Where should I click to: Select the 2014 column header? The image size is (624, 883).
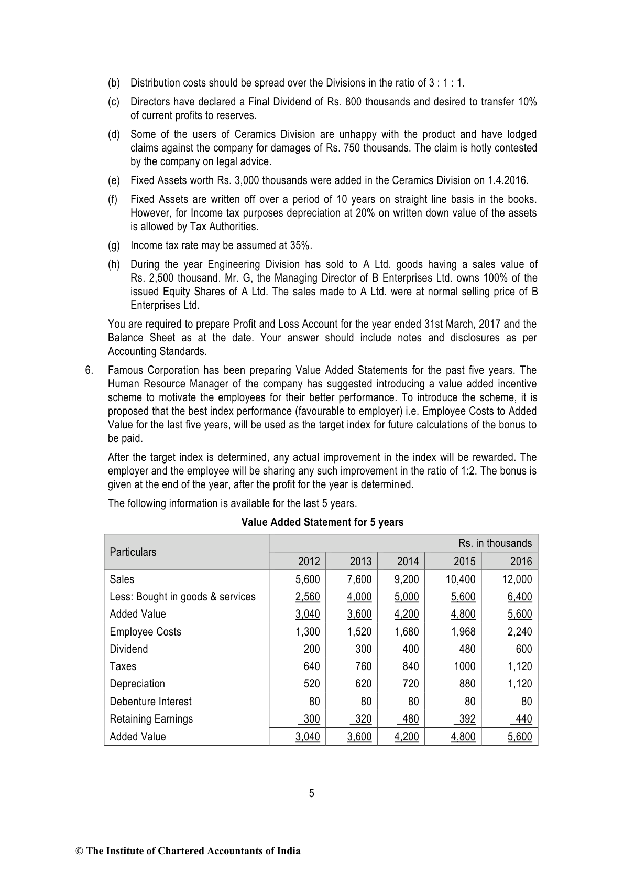(x=408, y=562)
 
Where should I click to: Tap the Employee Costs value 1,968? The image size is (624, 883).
(x=463, y=632)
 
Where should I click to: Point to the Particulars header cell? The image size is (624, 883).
(x=133, y=552)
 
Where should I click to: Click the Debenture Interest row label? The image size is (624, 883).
(x=150, y=702)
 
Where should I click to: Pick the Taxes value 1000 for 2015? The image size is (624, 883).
(x=464, y=666)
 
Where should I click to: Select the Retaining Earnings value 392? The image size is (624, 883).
(x=464, y=719)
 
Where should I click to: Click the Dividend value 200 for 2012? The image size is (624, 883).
(x=312, y=649)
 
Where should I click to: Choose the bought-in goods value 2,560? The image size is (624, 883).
(x=308, y=597)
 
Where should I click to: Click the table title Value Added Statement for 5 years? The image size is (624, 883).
(x=322, y=522)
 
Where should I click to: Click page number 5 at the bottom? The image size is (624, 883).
(x=312, y=793)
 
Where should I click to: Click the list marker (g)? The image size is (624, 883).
(x=114, y=245)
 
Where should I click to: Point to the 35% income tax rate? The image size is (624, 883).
(x=301, y=245)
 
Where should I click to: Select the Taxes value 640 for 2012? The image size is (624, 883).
(x=312, y=666)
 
